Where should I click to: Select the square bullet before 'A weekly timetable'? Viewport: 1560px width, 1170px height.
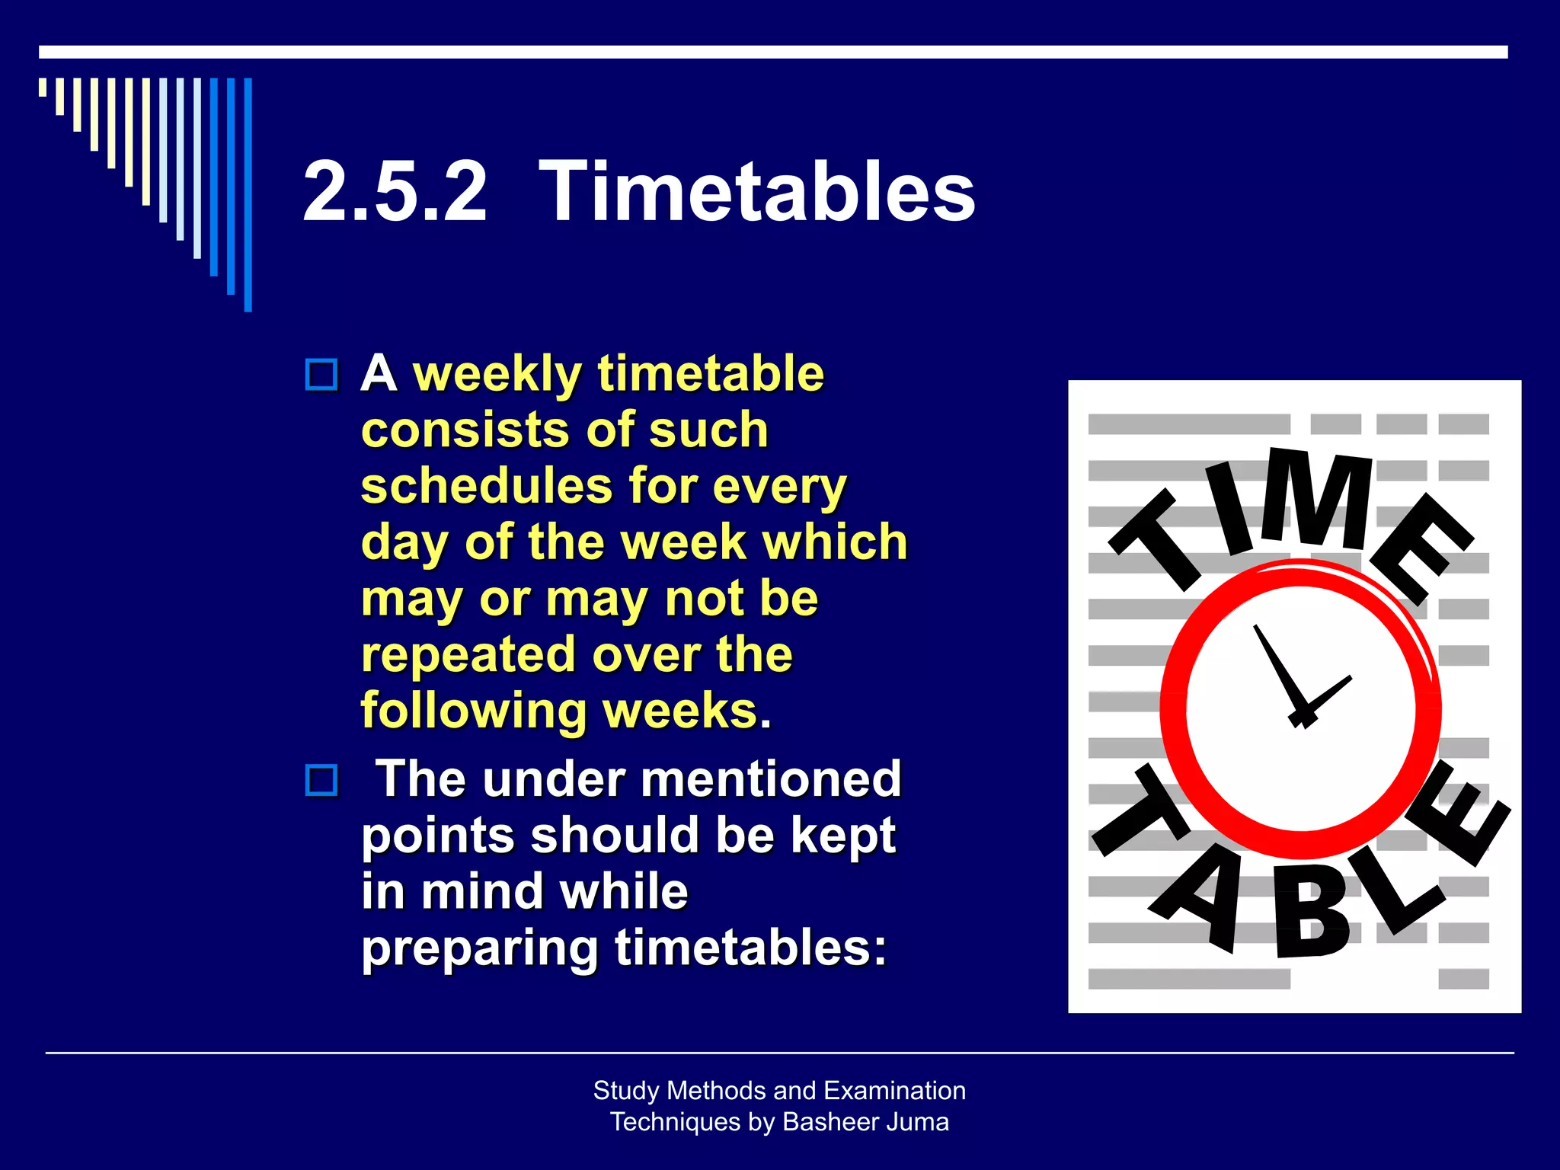(x=321, y=375)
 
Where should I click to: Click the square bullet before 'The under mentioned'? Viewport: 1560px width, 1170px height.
(x=321, y=781)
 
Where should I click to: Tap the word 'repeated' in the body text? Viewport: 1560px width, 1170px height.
(x=468, y=654)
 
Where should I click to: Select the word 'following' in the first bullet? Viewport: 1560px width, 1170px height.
(x=472, y=711)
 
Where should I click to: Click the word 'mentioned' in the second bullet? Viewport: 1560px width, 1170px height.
(x=771, y=779)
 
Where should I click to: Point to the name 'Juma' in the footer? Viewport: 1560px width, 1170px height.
(x=922, y=1122)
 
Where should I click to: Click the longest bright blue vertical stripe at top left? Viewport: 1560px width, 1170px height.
(x=248, y=194)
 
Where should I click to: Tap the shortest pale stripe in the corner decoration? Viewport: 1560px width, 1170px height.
(x=43, y=87)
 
